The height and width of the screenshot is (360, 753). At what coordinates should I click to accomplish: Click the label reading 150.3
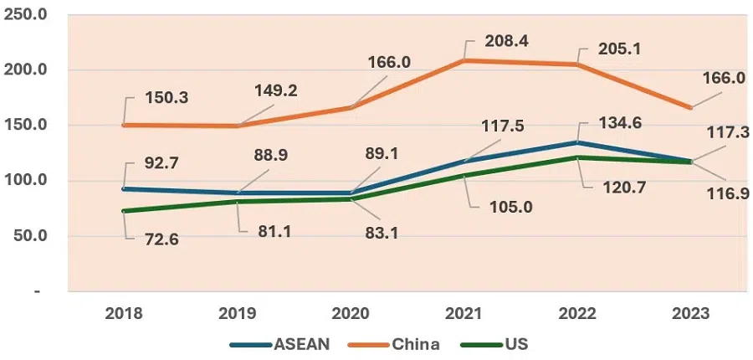pos(164,98)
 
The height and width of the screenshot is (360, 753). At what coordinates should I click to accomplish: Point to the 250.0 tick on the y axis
pos(26,16)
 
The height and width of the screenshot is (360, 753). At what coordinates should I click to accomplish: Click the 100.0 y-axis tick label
pos(26,181)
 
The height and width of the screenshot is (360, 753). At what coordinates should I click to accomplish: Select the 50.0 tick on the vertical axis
pos(29,236)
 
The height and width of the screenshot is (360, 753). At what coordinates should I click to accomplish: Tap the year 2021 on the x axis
pos(463,313)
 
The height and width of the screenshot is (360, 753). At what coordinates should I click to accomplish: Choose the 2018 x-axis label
pos(124,313)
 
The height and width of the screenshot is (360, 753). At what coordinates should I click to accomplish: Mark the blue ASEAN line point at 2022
pos(576,142)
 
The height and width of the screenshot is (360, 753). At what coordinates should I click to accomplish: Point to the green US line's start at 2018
pos(124,211)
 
